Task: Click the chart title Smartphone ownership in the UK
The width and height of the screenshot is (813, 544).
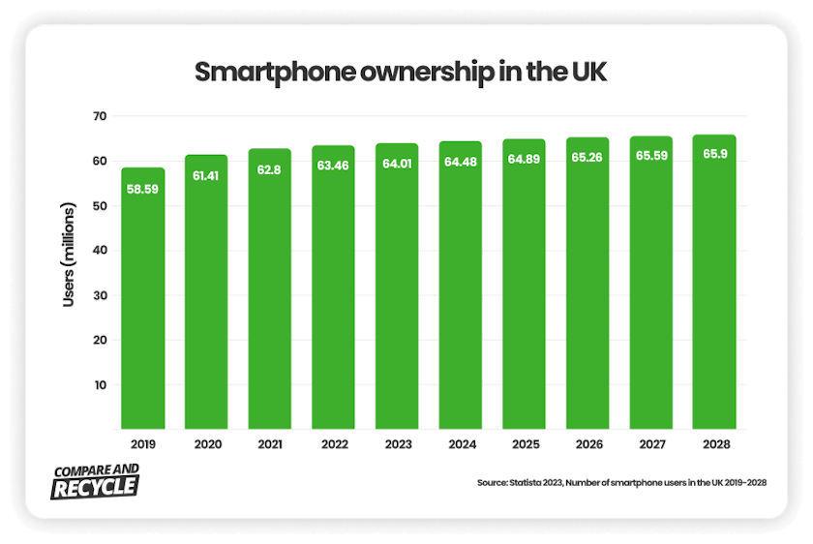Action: (401, 74)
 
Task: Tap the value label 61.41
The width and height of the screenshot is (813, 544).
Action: (206, 177)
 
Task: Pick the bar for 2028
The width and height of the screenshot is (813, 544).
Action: (714, 290)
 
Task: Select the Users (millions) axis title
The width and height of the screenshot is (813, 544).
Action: (69, 256)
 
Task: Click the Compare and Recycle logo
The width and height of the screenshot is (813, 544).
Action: (94, 479)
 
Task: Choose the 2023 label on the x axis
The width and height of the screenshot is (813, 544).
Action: (397, 445)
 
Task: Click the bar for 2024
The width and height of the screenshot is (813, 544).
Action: (461, 290)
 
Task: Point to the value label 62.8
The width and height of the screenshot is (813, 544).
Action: (270, 170)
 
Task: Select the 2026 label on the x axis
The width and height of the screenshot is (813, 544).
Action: (587, 445)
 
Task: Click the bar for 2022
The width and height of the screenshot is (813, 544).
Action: (333, 290)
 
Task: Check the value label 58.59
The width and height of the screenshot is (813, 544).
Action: (142, 189)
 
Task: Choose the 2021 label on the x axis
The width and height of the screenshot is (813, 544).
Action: (270, 445)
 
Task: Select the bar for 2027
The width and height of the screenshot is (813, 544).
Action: (650, 290)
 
